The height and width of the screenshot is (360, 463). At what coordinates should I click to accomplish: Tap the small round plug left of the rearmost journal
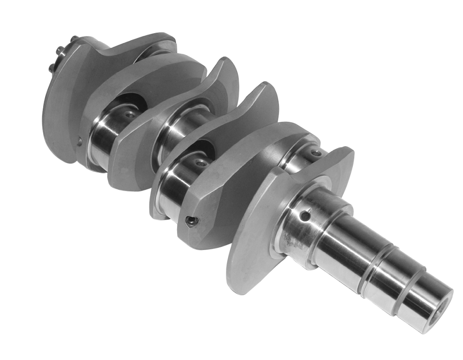[x=80, y=142]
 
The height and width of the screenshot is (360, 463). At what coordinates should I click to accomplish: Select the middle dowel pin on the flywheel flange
[x=60, y=51]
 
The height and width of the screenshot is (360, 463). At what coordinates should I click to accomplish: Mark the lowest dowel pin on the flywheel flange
[x=51, y=69]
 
